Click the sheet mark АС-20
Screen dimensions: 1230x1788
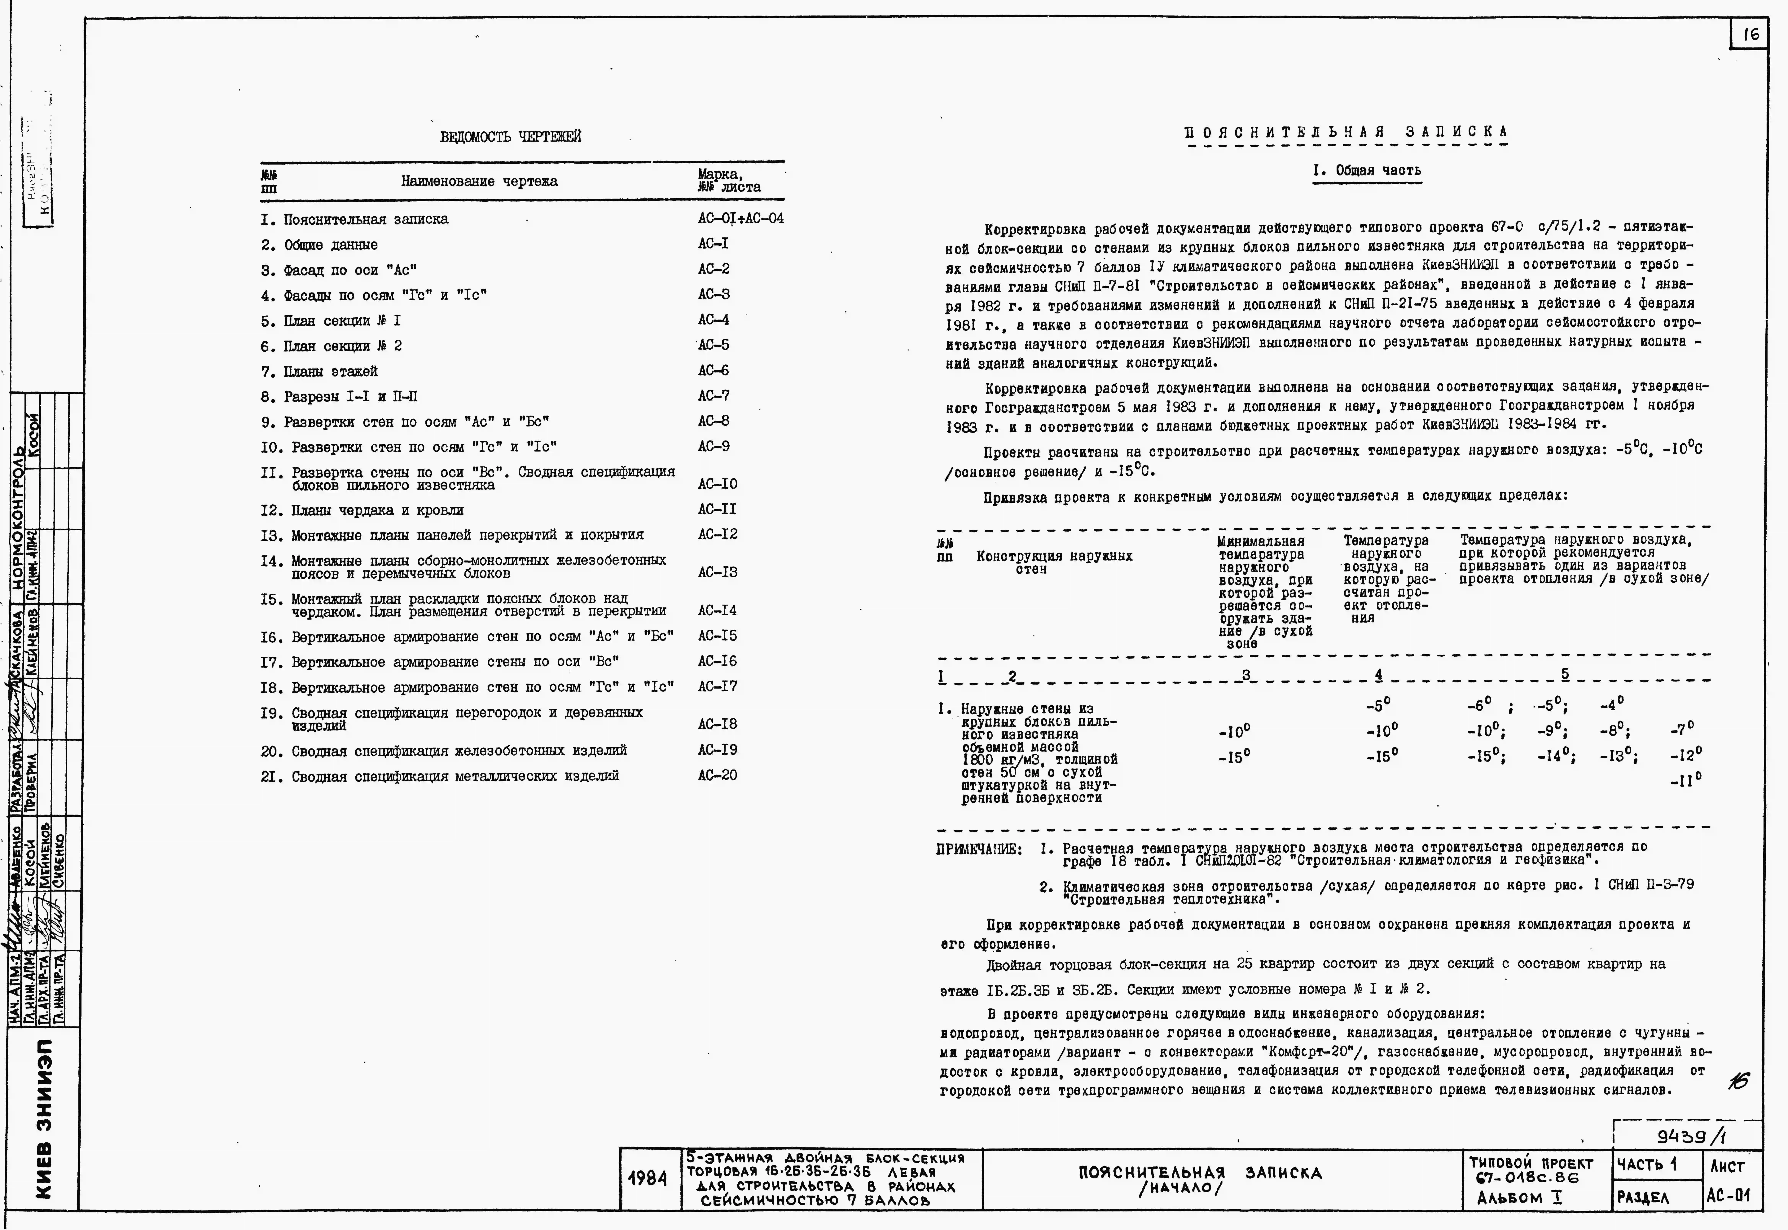[x=717, y=775]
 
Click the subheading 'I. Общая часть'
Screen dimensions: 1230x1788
[x=1367, y=170]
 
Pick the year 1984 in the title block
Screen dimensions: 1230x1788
[x=647, y=1179]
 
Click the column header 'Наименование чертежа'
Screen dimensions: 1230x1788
[x=478, y=181]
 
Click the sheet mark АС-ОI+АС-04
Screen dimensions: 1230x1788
[x=740, y=219]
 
